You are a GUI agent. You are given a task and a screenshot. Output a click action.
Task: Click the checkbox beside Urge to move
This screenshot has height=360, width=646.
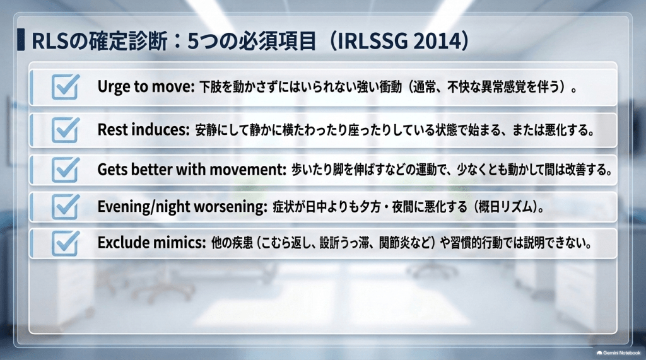point(65,87)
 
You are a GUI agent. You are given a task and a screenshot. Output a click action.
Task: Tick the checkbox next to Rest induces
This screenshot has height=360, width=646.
point(65,130)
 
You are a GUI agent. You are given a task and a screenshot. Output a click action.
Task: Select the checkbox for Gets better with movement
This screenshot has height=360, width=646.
point(65,170)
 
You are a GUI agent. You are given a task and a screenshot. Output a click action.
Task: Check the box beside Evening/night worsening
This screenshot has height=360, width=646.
point(65,206)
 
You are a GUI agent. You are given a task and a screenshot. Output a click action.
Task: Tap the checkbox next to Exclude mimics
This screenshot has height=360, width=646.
point(65,243)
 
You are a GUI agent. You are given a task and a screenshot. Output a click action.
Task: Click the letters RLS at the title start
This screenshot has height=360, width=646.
point(48,41)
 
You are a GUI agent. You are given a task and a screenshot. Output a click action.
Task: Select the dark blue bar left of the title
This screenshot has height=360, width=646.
point(21,40)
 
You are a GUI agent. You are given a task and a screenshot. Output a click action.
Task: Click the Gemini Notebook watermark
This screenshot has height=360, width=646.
point(618,353)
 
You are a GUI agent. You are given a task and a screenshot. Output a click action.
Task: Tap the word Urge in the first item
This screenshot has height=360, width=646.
point(111,87)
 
